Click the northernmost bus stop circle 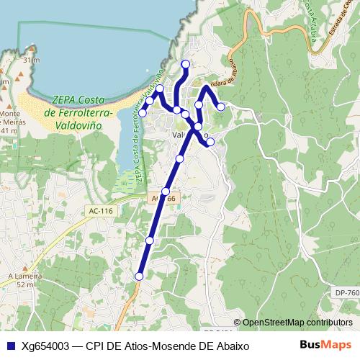(186, 64)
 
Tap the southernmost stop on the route (139, 276)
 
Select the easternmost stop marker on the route (221, 107)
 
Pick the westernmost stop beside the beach (143, 112)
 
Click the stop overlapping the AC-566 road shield (166, 192)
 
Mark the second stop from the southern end (150, 240)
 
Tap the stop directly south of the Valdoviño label (180, 158)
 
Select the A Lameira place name (22, 276)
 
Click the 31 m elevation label (30, 60)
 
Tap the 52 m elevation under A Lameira (26, 285)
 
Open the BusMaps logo (325, 345)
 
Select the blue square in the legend (10, 346)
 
